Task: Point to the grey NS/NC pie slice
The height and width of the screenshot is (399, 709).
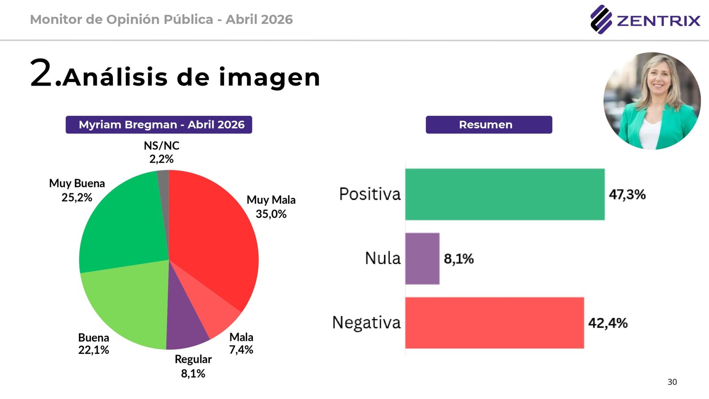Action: (x=164, y=186)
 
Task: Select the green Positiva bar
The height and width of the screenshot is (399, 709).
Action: (x=504, y=194)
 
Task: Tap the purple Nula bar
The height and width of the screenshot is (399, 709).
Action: (x=422, y=258)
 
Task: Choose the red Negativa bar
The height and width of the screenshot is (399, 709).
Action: (x=494, y=323)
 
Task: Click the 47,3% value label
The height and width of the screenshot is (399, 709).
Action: (x=627, y=194)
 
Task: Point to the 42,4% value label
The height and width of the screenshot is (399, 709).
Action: (x=608, y=323)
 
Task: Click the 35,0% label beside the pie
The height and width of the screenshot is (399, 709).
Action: (x=271, y=214)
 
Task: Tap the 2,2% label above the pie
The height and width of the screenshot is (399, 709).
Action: (x=161, y=159)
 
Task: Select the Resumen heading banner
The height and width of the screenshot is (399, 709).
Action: (x=489, y=125)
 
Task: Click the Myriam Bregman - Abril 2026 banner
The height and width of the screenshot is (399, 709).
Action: (x=159, y=125)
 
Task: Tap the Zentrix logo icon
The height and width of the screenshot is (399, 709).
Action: (x=601, y=20)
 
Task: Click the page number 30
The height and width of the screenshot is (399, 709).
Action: (x=672, y=382)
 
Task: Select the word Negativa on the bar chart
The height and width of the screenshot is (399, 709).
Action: (x=366, y=323)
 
